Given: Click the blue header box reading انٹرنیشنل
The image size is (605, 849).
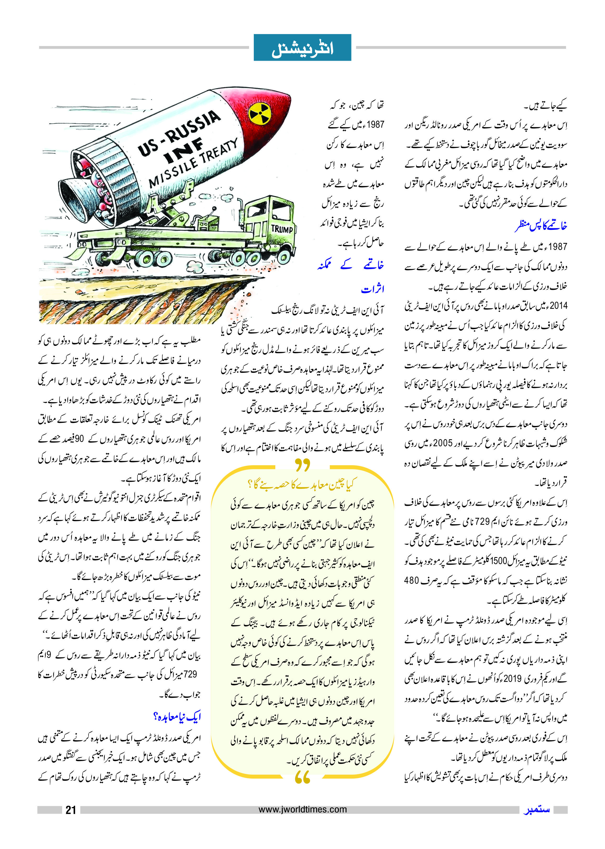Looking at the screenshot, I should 302,48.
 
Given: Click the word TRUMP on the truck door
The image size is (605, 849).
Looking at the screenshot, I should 282,229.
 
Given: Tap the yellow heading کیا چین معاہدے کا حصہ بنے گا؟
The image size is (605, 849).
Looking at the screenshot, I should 302,484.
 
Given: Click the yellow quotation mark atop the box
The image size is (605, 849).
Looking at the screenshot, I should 302,465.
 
